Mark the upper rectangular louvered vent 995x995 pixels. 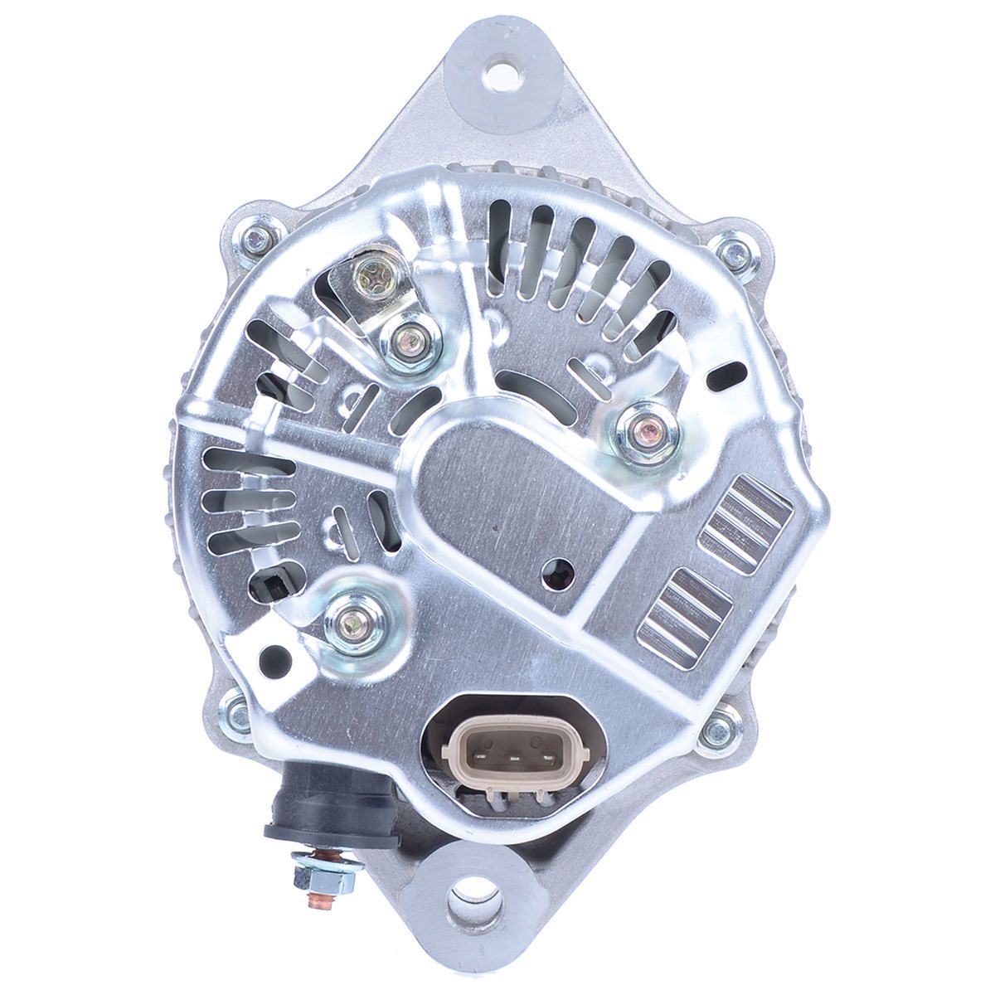click(x=745, y=527)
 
